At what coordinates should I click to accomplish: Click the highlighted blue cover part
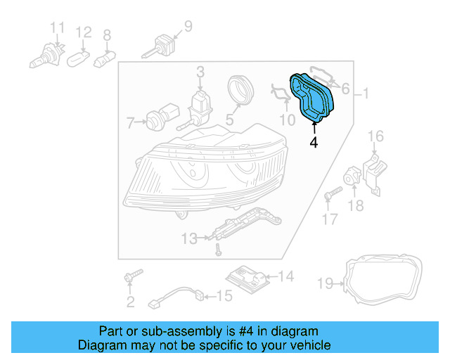pos(315,98)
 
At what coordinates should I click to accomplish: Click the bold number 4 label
pos(313,143)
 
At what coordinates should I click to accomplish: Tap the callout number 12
pos(84,32)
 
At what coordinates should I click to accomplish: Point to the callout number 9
pos(187,27)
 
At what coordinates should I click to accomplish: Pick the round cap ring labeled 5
pos(240,91)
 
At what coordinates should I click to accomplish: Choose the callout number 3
pos(200,71)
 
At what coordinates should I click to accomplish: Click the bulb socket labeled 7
pos(156,120)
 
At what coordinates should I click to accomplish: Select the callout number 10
pos(286,120)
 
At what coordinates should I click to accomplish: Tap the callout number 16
pos(376,136)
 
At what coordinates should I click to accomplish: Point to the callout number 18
pos(356,206)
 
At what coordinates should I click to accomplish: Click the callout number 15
pos(223,296)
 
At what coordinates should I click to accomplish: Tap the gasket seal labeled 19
pos(385,283)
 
